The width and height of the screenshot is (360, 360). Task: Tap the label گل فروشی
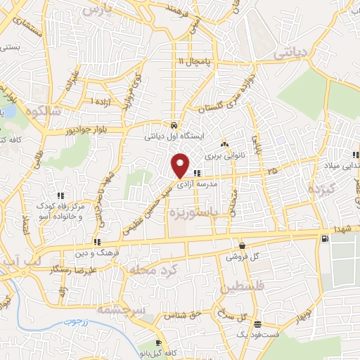coord(243,257)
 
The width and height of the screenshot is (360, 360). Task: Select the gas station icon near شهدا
coord(323,239)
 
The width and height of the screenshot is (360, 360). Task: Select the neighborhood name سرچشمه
coord(121,309)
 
